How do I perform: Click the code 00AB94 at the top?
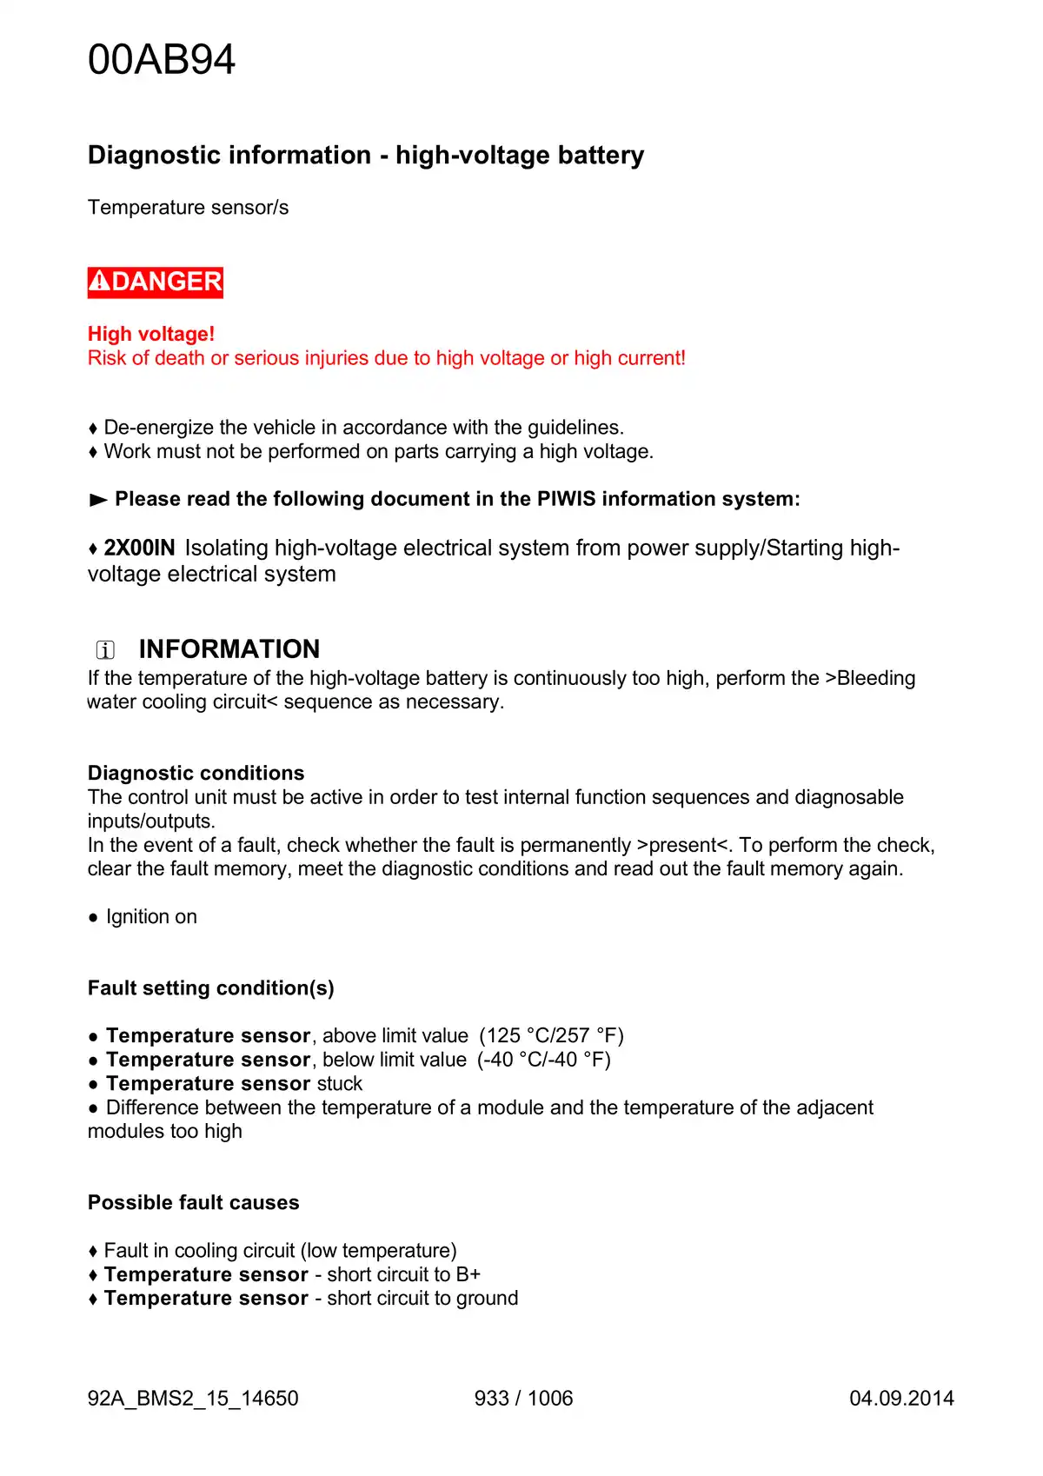pos(162,60)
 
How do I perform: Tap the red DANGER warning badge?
pos(156,282)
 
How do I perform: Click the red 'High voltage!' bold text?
pos(151,334)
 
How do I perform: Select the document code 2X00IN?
pos(139,548)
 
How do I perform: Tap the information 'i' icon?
pos(105,649)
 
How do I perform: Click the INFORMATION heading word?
pos(229,649)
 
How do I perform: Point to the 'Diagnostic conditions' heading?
pos(196,773)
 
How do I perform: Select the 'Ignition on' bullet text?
pos(151,917)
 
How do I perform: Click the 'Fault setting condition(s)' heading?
pos(211,988)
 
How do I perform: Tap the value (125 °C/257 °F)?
pos(551,1036)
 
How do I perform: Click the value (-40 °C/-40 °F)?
pos(544,1060)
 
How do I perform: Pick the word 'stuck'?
pos(340,1084)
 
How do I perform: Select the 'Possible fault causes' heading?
pos(194,1203)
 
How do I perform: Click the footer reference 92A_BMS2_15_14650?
pos(193,1399)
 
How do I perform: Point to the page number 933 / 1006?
pos(523,1399)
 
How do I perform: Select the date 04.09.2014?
pos(901,1399)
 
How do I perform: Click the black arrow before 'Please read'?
pos(98,500)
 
